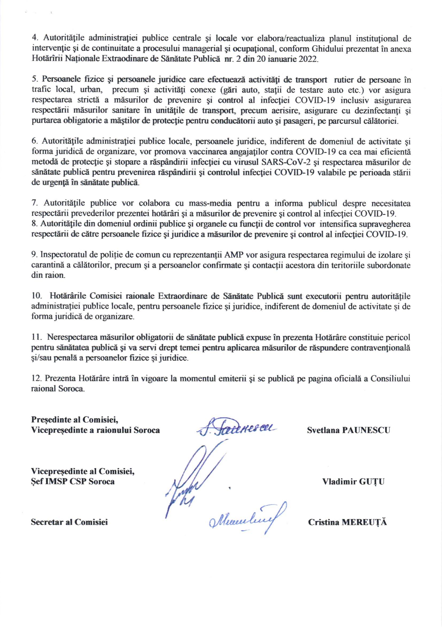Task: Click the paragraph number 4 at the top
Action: point(34,38)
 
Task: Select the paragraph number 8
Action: point(34,224)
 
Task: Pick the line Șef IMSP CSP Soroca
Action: point(73,481)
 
